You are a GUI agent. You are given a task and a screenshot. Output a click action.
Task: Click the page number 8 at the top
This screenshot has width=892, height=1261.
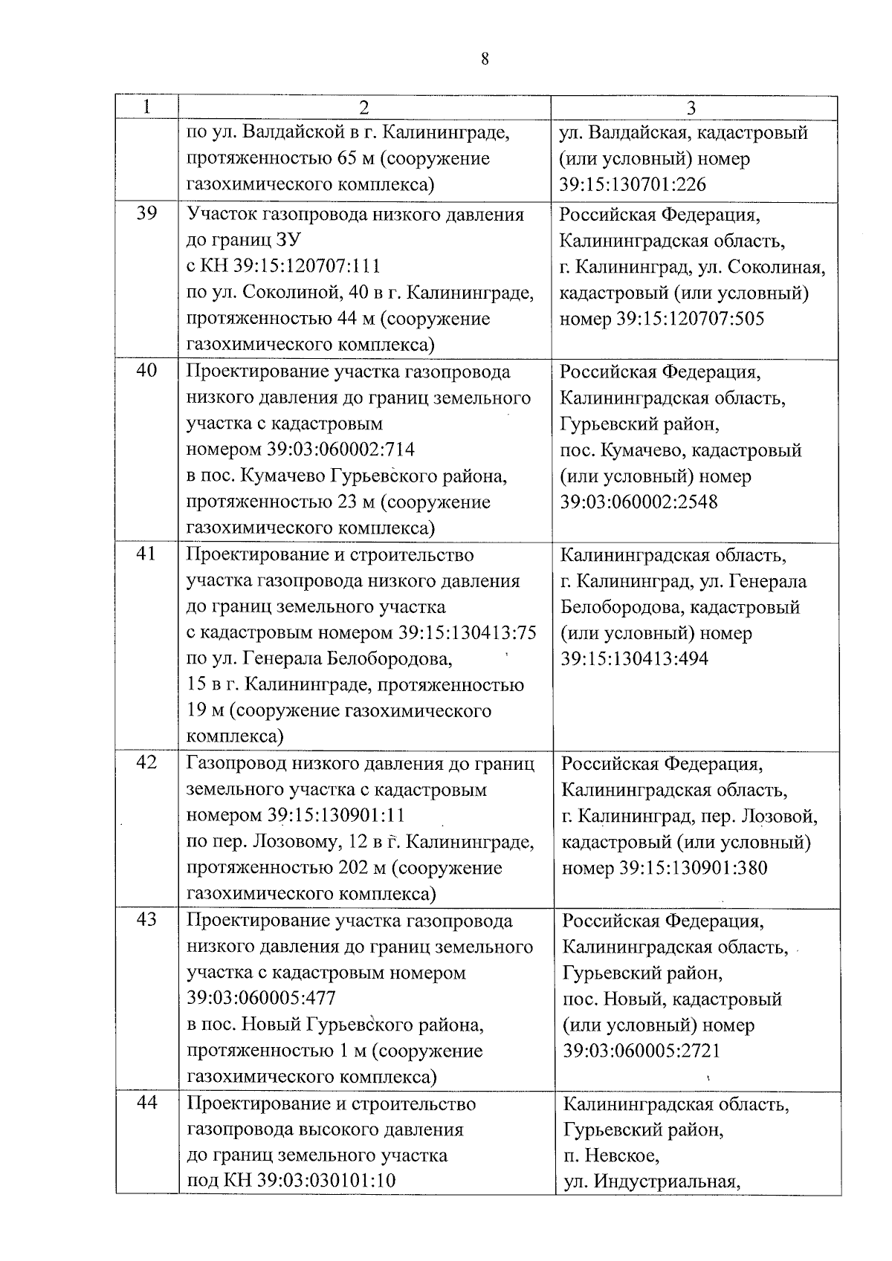coord(485,60)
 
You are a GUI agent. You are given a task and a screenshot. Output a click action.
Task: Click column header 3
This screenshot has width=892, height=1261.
coord(691,108)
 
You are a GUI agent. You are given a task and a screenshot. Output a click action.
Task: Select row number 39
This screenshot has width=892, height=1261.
coord(147,214)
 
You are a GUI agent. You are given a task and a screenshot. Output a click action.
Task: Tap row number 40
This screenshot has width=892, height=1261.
coord(147,371)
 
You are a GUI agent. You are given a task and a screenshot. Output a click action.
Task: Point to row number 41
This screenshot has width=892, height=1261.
coord(147,554)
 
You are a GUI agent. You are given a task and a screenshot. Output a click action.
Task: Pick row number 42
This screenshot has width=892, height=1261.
coord(147,762)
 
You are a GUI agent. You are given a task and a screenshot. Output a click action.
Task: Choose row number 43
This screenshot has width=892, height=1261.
coord(147,920)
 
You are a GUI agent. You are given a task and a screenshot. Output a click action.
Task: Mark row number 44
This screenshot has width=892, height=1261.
coord(147,1103)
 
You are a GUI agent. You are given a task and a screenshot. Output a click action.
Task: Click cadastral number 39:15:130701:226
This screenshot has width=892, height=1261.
coord(633,185)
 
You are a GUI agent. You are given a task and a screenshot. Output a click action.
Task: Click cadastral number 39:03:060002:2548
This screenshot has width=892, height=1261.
coord(639,502)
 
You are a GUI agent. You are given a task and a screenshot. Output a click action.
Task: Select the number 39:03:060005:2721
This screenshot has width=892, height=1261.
coord(642,1051)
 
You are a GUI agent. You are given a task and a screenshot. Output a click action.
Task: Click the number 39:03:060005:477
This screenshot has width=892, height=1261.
coord(262,998)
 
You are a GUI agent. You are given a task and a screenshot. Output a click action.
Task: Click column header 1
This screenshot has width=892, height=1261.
coord(147,107)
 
